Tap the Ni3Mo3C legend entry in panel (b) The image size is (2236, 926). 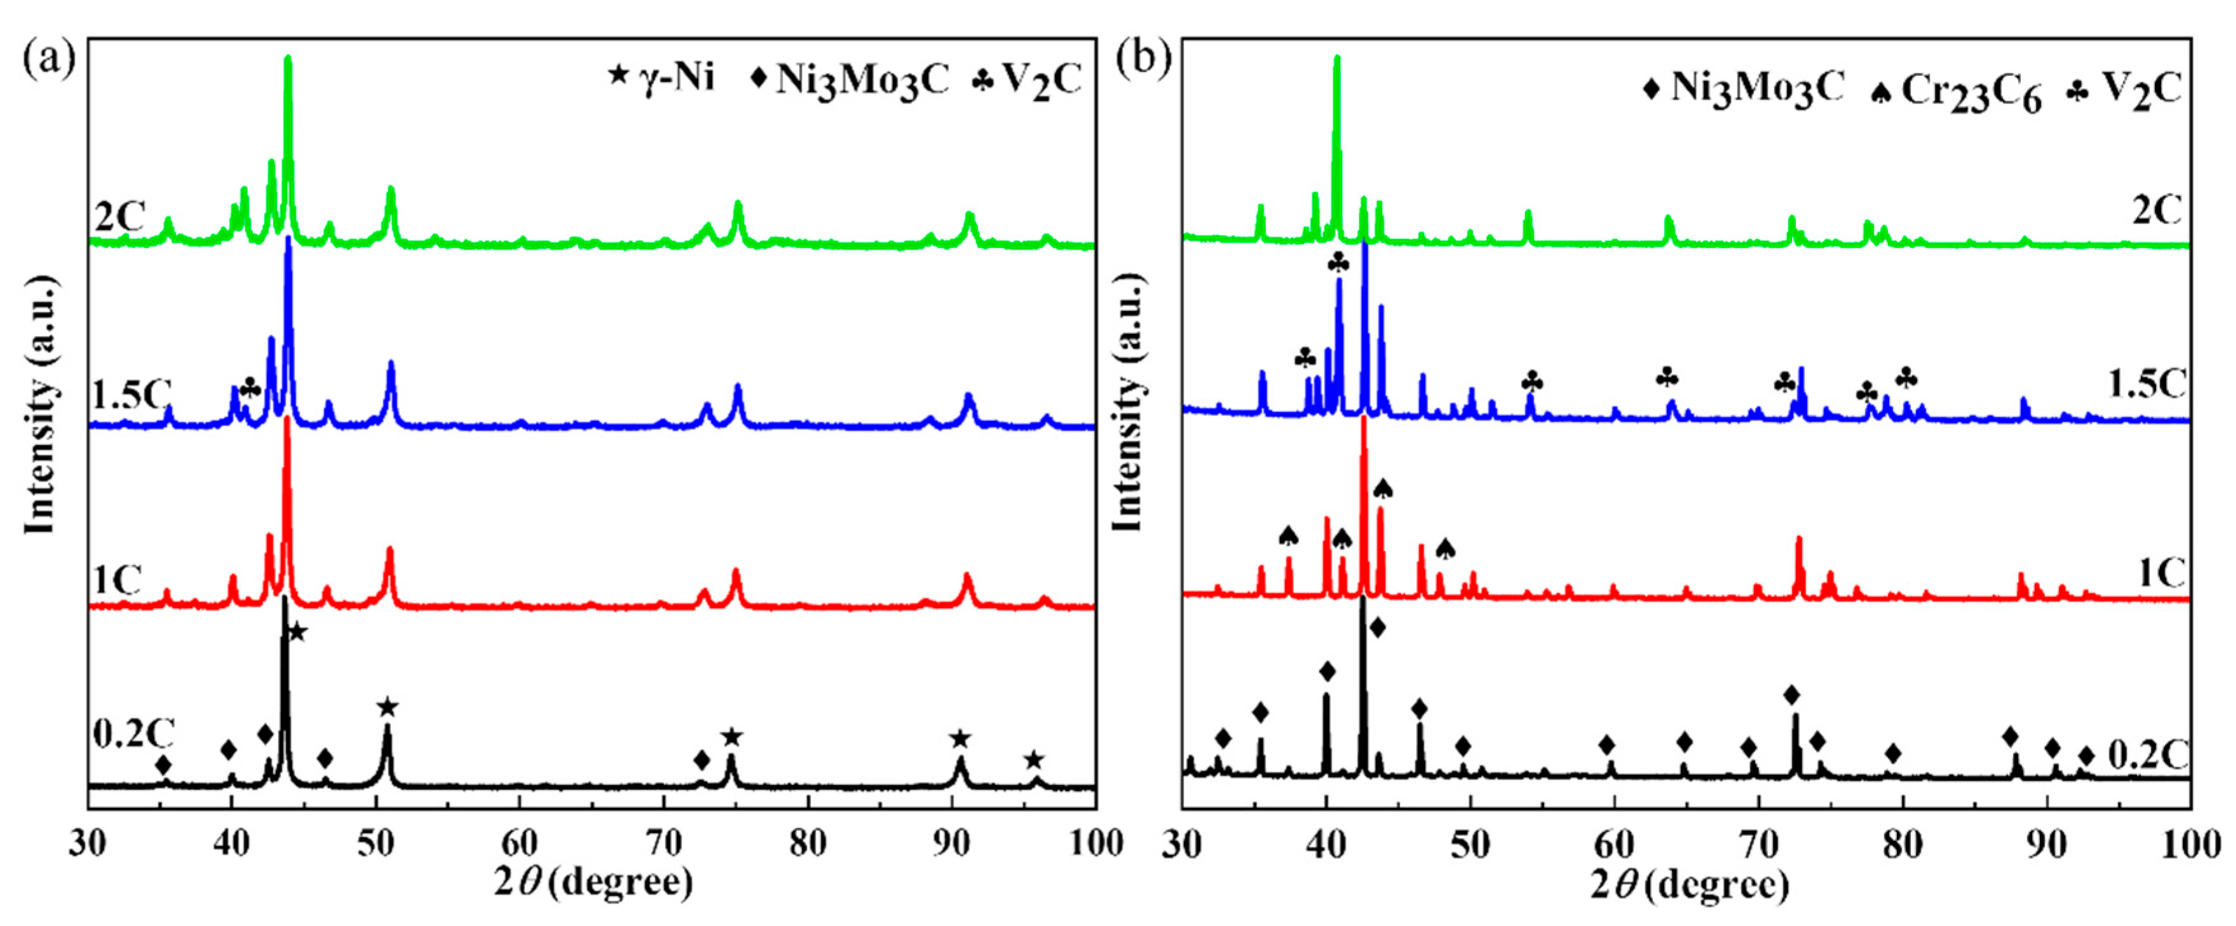coord(1745,89)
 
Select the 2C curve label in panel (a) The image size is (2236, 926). coord(120,217)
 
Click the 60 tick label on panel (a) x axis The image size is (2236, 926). coord(519,844)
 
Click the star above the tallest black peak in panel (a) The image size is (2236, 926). coord(297,632)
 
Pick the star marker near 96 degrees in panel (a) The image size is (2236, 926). coord(1033,761)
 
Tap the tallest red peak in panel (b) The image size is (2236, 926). coord(1364,421)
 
